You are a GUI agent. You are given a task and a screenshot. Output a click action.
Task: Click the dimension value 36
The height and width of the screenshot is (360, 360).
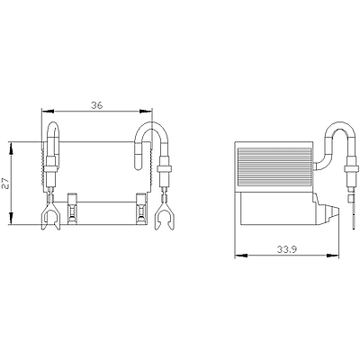[x=97, y=105]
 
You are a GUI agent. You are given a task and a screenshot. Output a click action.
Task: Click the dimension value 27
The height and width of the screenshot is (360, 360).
[x=6, y=183]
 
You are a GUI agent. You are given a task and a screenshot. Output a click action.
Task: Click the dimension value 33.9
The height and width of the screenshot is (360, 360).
[x=287, y=249]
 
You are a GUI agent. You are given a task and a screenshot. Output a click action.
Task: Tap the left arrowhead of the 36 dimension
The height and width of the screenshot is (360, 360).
[x=48, y=112]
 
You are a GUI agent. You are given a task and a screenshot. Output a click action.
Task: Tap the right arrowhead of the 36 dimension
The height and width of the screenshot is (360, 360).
[x=146, y=112]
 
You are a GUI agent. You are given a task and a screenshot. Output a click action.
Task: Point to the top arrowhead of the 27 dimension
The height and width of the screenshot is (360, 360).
[x=12, y=148]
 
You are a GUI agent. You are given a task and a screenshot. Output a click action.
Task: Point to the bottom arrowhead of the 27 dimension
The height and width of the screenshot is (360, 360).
[x=12, y=218]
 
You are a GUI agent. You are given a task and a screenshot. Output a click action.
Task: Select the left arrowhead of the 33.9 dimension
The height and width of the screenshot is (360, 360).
[x=241, y=256]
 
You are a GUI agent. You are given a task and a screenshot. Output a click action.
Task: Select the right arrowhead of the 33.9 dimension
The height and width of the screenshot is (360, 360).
[x=332, y=256]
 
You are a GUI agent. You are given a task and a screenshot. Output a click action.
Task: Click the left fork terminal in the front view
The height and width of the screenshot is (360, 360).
[x=50, y=215]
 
